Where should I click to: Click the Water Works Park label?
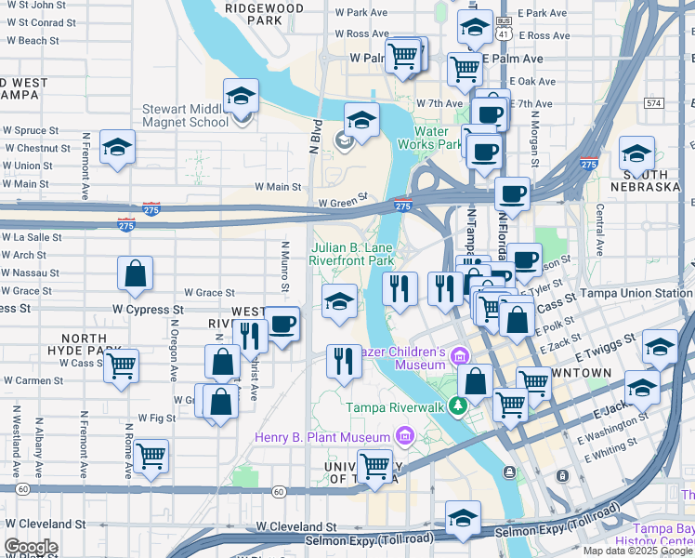pos(430,138)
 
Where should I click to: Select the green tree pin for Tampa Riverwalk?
pos(456,405)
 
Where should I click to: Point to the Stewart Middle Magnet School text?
pos(185,115)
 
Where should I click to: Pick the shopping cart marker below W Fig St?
pos(151,457)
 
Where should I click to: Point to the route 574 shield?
pos(655,102)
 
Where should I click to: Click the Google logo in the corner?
pos(31,547)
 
